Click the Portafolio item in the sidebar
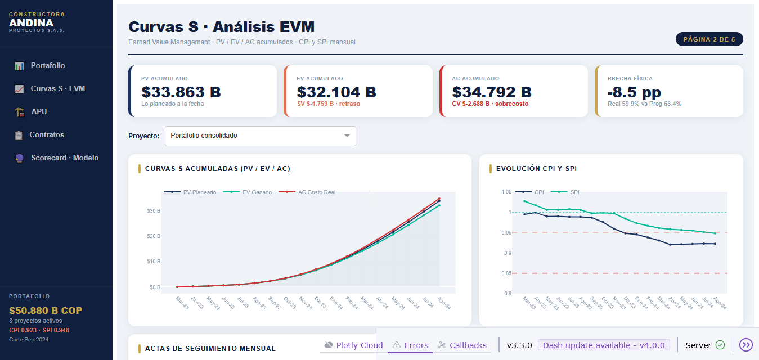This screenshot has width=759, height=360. (47, 66)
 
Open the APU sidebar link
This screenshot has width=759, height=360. (39, 112)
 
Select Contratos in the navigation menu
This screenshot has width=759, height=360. (47, 135)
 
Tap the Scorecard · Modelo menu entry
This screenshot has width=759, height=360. (64, 158)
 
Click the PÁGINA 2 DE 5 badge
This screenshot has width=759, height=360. (709, 39)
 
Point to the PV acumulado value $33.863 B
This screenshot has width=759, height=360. (181, 92)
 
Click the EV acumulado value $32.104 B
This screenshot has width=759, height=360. (336, 92)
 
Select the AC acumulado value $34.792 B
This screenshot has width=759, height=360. (492, 92)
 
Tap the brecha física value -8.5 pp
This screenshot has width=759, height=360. (634, 92)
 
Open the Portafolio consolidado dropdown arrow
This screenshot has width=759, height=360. (347, 136)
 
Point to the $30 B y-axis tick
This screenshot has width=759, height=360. (154, 211)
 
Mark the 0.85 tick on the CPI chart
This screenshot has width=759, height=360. (506, 273)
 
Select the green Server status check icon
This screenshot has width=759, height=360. (720, 345)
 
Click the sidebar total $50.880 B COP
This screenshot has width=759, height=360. (46, 310)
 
